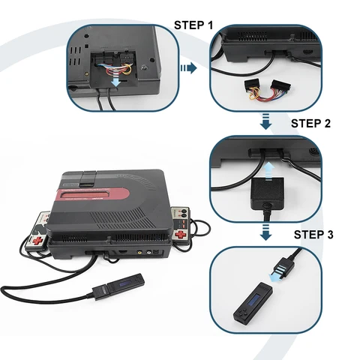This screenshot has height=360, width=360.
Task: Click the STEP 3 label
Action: (313, 234)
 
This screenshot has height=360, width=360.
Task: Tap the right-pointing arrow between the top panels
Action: (187, 67)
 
